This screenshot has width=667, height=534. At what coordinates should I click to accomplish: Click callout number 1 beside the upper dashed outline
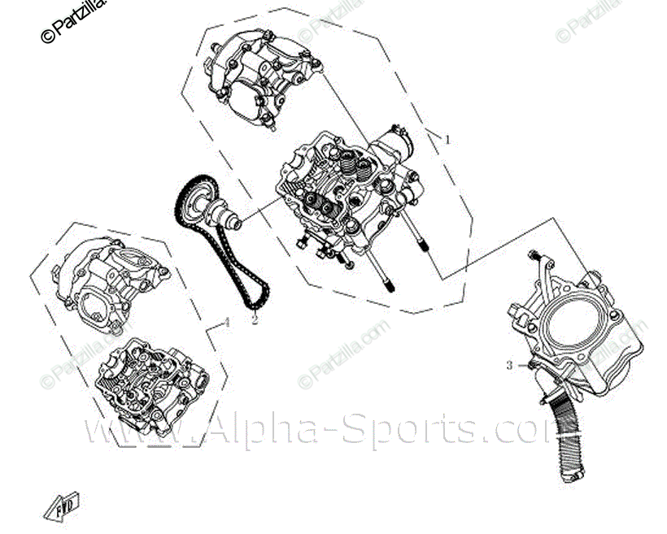(447, 139)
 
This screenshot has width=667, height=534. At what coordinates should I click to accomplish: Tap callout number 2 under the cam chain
(254, 320)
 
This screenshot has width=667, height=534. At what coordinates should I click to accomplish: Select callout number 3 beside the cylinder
(510, 366)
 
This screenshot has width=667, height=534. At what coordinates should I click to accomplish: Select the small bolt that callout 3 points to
(530, 366)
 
